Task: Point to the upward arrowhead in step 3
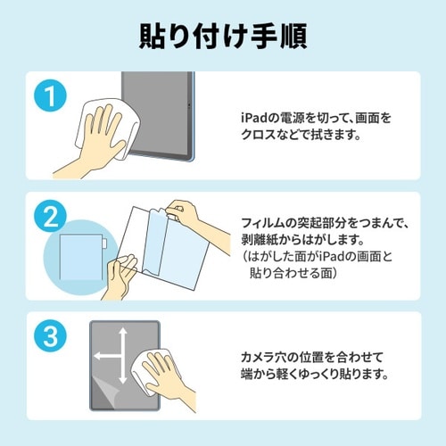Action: [x=120, y=331]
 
